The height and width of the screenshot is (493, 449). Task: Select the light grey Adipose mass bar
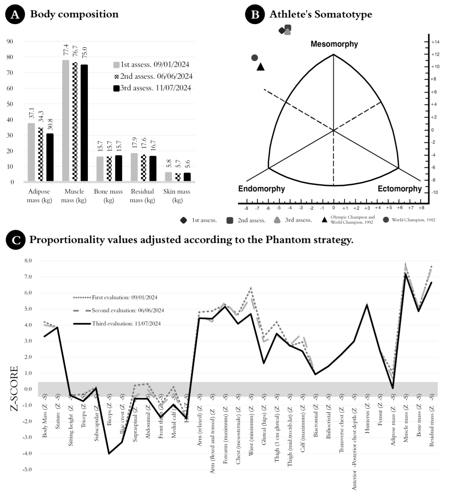tap(31, 152)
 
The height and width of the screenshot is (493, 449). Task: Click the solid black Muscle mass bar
tap(84, 123)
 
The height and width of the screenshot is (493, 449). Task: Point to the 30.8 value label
tap(50, 124)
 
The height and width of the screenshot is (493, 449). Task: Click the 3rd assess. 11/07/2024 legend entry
tap(152, 88)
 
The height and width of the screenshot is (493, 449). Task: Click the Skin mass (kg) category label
tap(177, 196)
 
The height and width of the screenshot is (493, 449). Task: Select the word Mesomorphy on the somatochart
tap(334, 44)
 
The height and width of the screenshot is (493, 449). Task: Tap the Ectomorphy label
tap(400, 189)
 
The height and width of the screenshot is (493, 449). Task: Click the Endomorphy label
tap(261, 189)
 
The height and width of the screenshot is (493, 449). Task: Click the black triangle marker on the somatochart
tap(260, 67)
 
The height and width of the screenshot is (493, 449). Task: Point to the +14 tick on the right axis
tap(435, 42)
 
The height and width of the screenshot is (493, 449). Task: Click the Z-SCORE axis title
tap(14, 389)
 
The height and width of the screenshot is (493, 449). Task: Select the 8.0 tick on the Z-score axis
tap(28, 261)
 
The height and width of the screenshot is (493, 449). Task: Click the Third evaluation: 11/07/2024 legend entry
tap(126, 324)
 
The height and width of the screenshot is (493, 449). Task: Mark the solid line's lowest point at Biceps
tap(109, 454)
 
